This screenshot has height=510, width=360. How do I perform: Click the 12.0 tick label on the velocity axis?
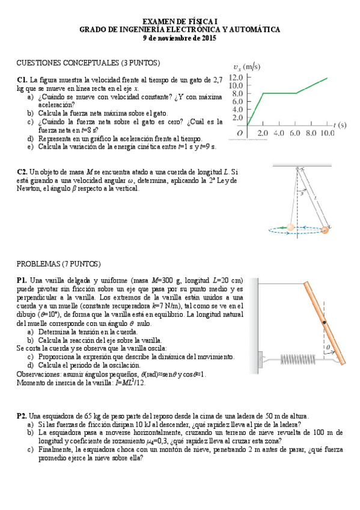coord(236,78)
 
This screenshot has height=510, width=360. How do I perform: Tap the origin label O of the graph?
coord(240,133)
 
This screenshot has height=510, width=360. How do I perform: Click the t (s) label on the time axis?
coord(340,125)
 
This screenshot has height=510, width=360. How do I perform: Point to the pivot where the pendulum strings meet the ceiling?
coord(296,167)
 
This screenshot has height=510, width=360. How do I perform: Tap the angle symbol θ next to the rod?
coord(328,348)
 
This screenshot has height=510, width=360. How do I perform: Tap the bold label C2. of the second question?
coord(22,172)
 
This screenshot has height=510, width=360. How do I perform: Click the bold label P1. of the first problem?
coord(22,280)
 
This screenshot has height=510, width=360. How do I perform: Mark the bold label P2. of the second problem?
coord(22,416)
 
